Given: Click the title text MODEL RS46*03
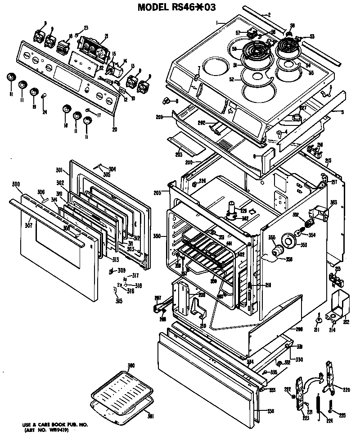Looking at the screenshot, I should point(180,7).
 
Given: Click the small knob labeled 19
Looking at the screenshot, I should point(33,93).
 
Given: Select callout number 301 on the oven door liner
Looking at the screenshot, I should point(59,170).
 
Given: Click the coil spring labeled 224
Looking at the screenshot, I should point(319,407).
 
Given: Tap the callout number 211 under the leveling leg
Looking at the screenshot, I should point(316,330).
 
